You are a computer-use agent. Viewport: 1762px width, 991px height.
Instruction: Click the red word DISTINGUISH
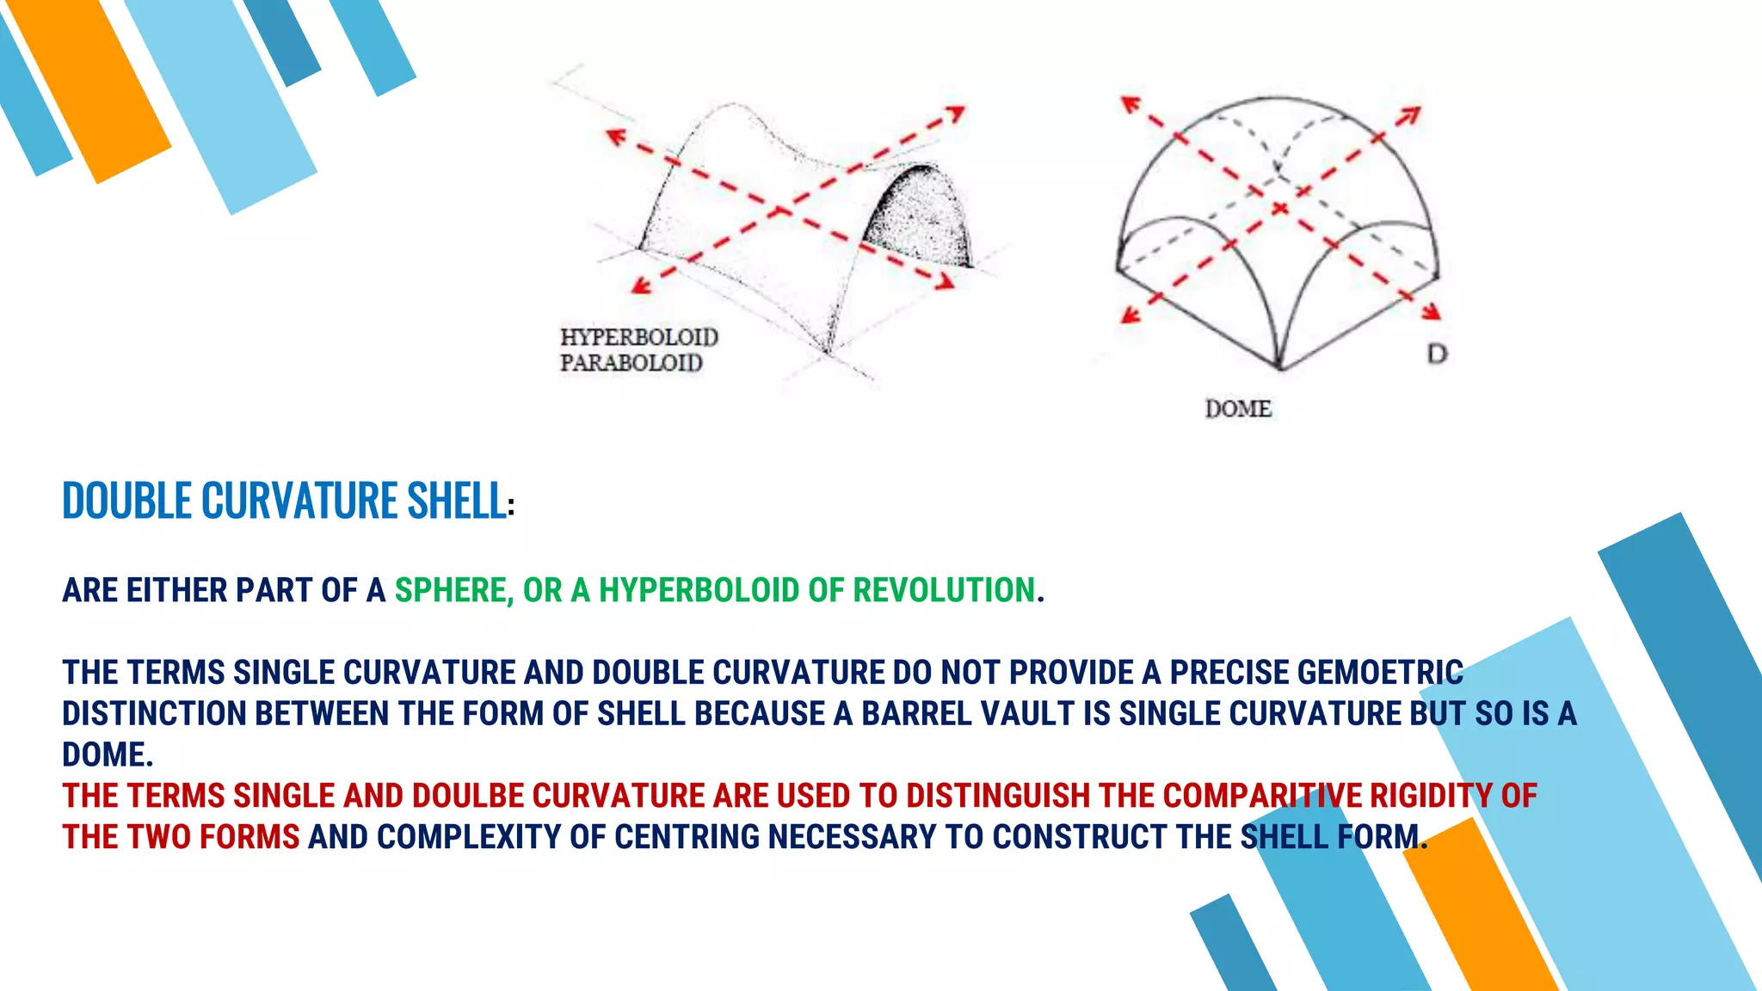pos(998,796)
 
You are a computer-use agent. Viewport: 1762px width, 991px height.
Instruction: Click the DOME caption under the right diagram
pos(1238,409)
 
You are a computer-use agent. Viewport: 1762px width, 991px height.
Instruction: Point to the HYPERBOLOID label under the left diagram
pos(639,336)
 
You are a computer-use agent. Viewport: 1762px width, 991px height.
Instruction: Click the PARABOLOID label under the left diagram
pos(631,363)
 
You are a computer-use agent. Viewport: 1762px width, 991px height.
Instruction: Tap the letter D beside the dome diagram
pos(1437,354)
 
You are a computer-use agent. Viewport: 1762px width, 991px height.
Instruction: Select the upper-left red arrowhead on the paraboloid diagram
pos(615,137)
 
